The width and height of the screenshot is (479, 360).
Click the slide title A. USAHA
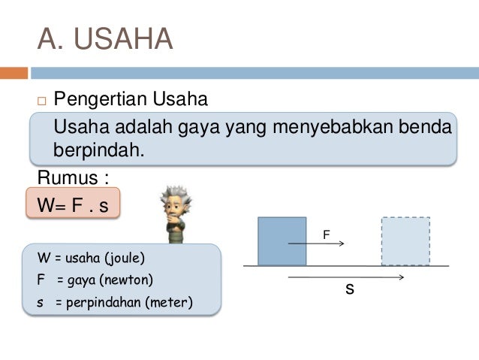[x=105, y=40]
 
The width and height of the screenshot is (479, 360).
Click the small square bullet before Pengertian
[x=41, y=100]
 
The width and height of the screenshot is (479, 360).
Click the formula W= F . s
[x=72, y=204]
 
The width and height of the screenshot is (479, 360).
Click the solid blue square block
[x=282, y=241]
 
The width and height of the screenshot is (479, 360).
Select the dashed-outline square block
[x=405, y=241]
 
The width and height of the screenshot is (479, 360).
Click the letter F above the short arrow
[x=326, y=234]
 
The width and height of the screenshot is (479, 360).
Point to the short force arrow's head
[x=342, y=244]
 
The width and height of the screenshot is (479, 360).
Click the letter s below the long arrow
[x=349, y=289]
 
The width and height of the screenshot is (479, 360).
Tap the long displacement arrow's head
[x=402, y=277]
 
